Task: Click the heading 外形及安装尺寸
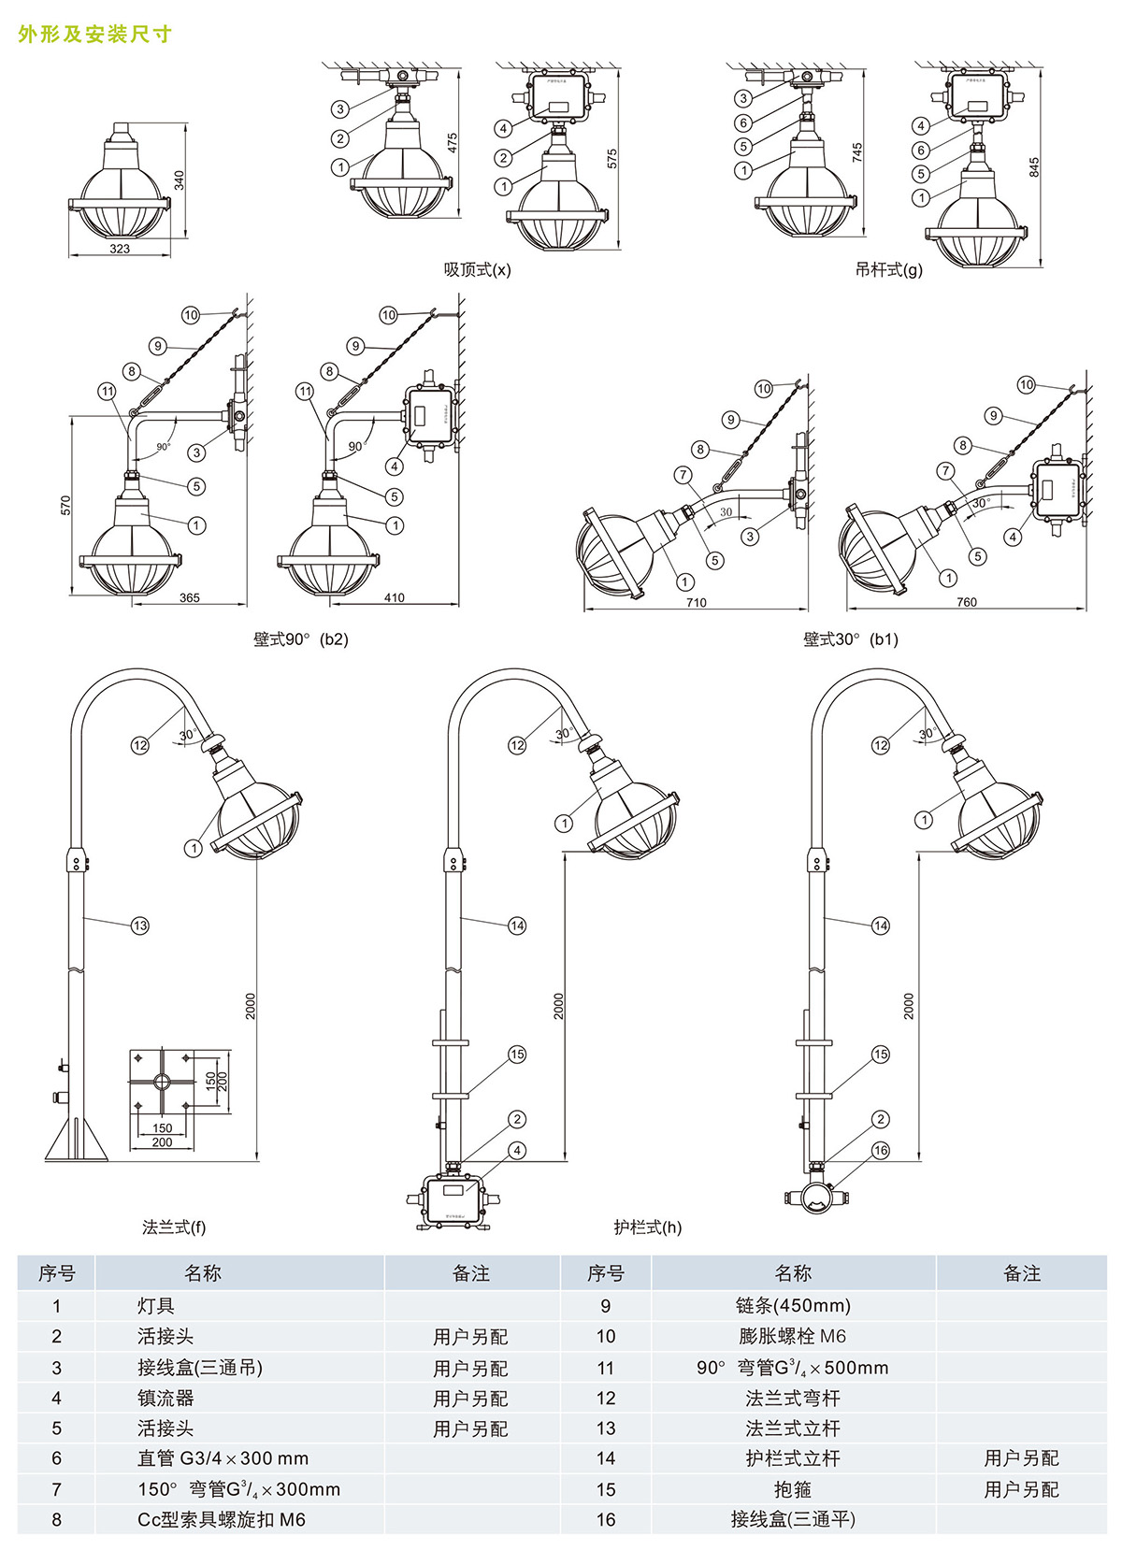pos(94,35)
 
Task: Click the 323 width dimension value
pos(120,249)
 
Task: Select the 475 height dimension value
pos(453,143)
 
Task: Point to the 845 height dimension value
pos(1033,167)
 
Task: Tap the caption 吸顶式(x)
pos(477,270)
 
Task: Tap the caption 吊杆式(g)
pos(888,270)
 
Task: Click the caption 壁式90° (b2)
pos(300,639)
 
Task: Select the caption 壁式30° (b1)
pos(850,639)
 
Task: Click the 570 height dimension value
pos(65,506)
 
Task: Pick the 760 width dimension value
pos(966,602)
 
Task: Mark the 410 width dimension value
pos(394,597)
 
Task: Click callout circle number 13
pos(139,926)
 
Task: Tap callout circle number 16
pos(880,1151)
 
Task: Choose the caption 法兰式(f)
pos(174,1227)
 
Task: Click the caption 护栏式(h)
pos(647,1227)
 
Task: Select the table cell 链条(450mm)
pos(793,1306)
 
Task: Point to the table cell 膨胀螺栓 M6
pos(793,1337)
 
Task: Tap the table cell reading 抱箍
pos(793,1489)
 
